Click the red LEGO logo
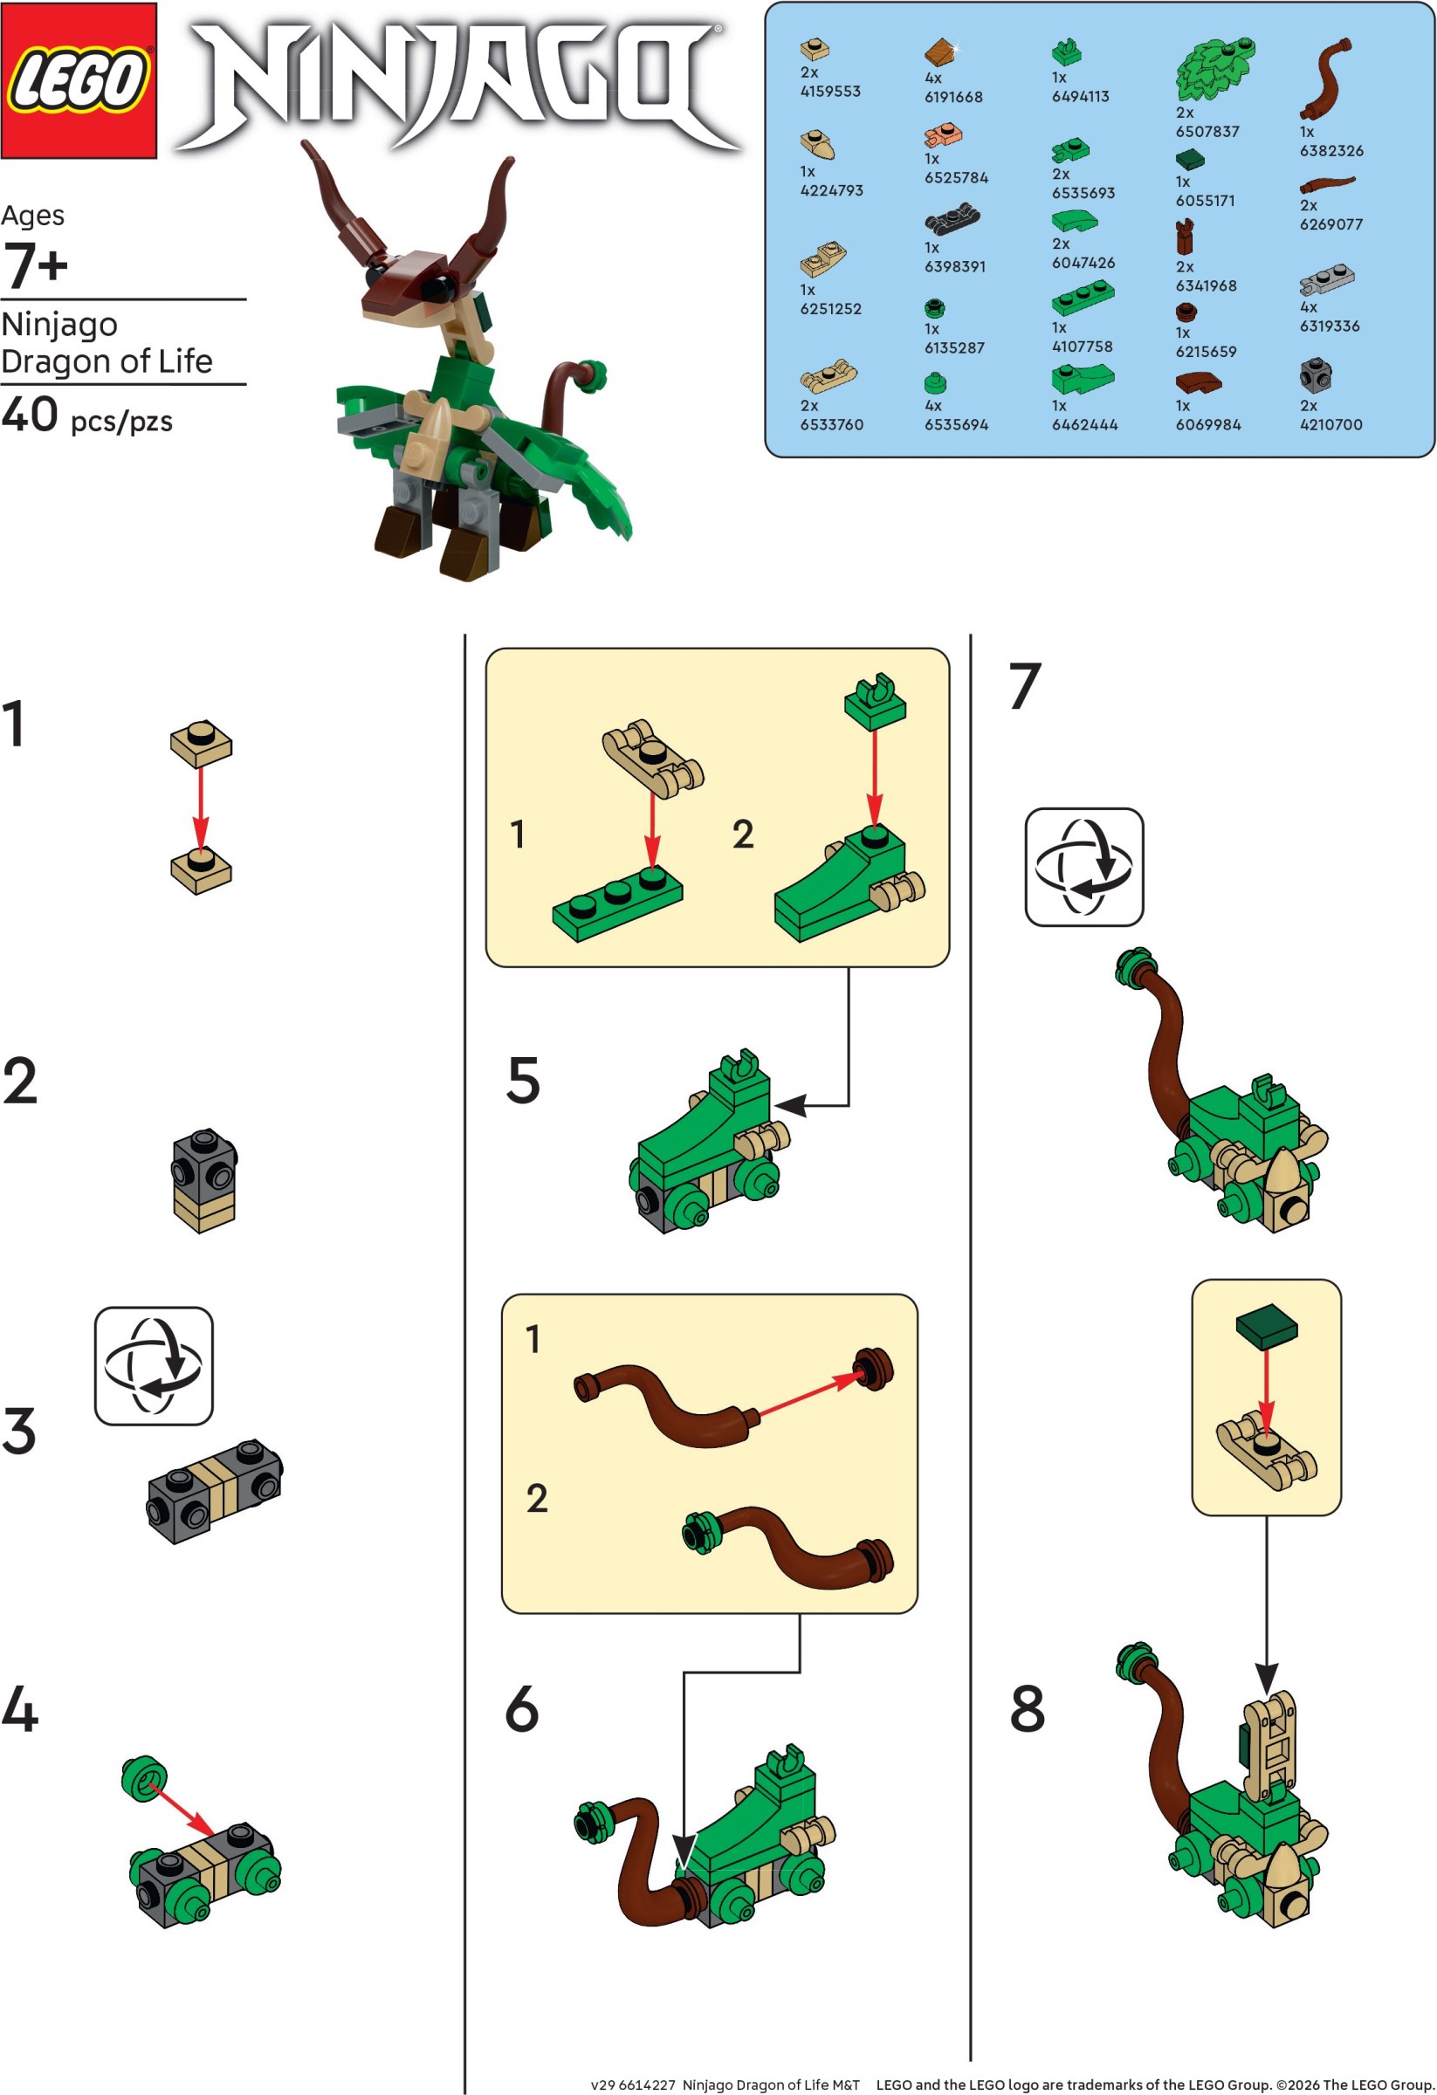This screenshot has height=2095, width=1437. (79, 79)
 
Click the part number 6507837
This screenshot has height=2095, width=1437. (1207, 132)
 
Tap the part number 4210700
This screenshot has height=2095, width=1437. (1330, 424)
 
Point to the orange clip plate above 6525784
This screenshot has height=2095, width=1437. (943, 136)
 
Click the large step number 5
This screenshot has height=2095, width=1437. (523, 1081)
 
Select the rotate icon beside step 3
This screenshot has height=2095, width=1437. (154, 1366)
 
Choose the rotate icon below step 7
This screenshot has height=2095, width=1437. (1083, 866)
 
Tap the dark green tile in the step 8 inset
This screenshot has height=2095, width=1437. (1266, 1327)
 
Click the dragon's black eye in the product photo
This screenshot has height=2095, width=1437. (437, 286)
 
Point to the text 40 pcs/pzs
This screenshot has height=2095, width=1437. (86, 416)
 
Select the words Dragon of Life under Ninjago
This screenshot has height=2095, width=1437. (107, 361)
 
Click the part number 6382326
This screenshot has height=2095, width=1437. (1330, 150)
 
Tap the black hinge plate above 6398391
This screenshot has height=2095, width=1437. (952, 219)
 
